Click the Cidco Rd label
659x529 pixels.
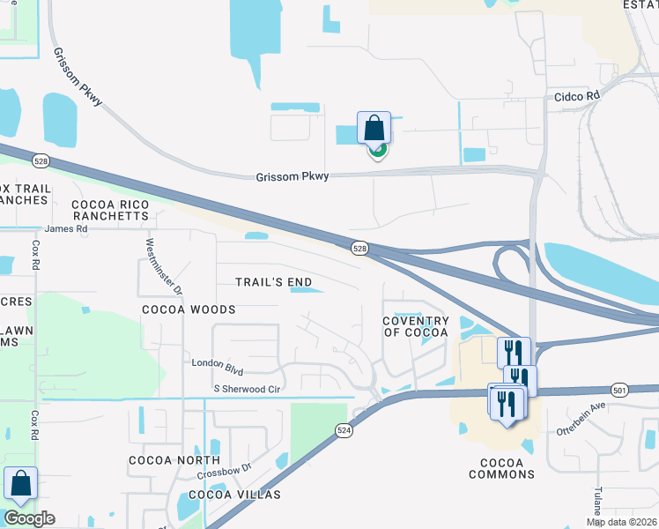(x=577, y=95)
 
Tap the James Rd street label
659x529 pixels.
(x=67, y=228)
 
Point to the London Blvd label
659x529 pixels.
(x=218, y=363)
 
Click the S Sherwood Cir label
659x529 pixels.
(x=247, y=389)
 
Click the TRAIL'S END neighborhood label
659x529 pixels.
(x=274, y=282)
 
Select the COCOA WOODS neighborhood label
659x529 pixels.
(x=189, y=309)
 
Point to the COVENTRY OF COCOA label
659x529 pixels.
(x=415, y=326)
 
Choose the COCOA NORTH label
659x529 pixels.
(x=174, y=460)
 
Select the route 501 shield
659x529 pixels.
(x=619, y=389)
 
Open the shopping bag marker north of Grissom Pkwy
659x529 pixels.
(x=374, y=128)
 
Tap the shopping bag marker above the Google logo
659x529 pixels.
(x=20, y=484)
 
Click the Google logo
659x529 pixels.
(x=29, y=518)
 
